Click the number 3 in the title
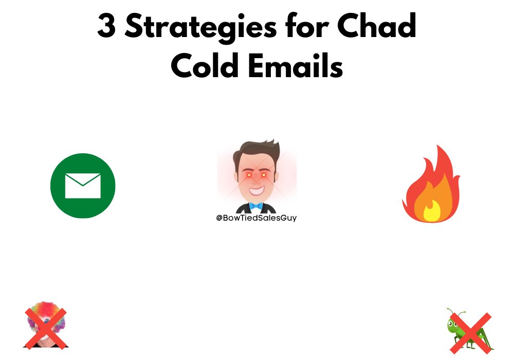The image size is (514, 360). (106, 27)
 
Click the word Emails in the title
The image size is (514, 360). (297, 66)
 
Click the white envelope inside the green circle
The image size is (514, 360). (83, 186)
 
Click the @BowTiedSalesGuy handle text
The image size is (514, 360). (256, 218)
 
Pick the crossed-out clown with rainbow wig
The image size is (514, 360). (46, 325)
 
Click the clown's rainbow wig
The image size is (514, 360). (46, 314)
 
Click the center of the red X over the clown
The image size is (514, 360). (46, 328)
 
